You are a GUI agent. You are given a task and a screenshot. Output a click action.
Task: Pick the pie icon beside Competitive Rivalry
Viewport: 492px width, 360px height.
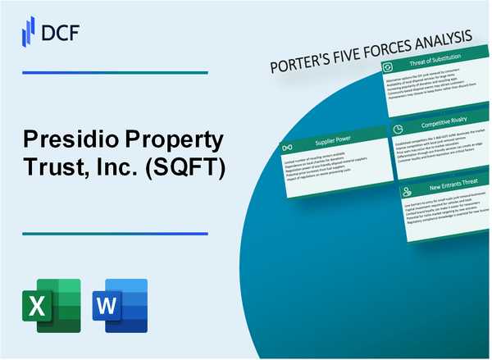click(x=396, y=129)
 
